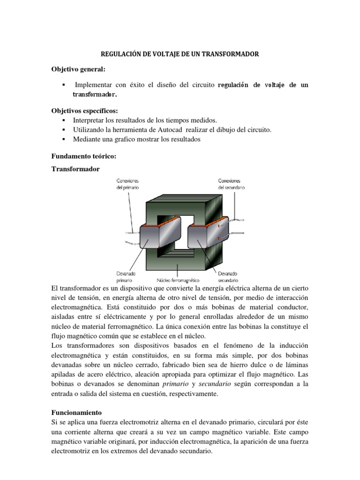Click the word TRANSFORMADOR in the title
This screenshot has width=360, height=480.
231,54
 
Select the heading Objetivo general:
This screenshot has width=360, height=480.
78,69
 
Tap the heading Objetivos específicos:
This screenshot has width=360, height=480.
84,111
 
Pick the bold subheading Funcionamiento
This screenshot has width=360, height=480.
76,413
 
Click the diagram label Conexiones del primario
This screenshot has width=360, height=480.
127,183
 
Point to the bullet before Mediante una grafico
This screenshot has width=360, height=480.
62,139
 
